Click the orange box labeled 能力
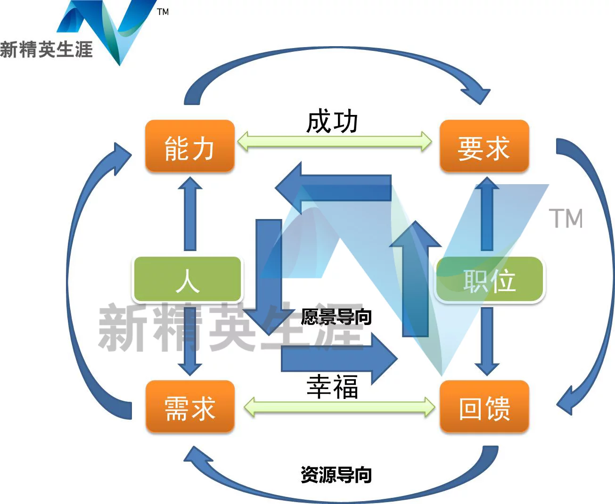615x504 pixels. click(x=189, y=146)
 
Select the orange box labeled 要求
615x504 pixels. click(x=484, y=146)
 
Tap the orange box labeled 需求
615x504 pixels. click(x=189, y=406)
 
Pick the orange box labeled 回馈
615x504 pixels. click(x=484, y=406)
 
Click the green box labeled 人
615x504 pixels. click(x=188, y=279)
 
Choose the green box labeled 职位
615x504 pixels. click(x=489, y=279)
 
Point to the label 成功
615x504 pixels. click(x=332, y=122)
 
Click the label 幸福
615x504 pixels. click(x=332, y=387)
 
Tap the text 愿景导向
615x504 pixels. click(x=336, y=317)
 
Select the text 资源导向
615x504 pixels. click(x=336, y=474)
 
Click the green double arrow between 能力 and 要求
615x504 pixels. click(x=334, y=141)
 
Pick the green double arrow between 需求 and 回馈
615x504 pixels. click(x=339, y=406)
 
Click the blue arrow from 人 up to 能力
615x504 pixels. click(x=190, y=214)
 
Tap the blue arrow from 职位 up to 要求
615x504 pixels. click(x=487, y=214)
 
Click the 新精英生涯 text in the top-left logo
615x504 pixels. click(x=46, y=49)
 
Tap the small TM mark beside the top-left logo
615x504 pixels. click(x=163, y=12)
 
